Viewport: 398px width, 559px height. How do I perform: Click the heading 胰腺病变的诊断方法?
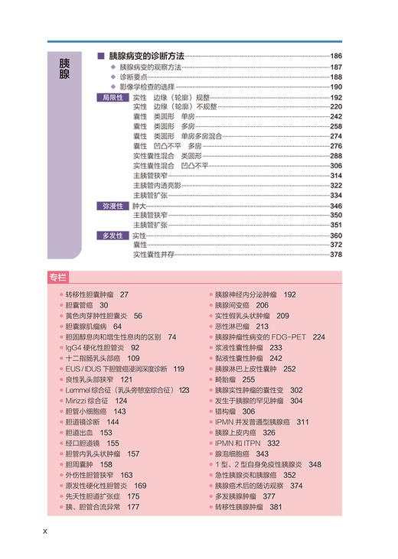point(146,57)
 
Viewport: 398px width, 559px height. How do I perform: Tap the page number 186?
point(335,57)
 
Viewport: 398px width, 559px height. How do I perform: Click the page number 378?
point(335,255)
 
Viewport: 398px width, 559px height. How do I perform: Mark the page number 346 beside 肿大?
point(335,206)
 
